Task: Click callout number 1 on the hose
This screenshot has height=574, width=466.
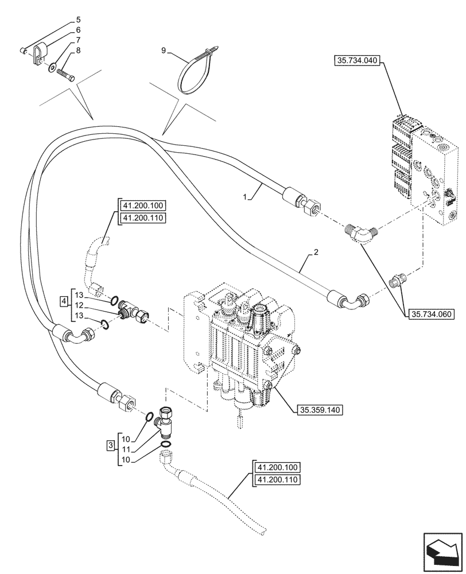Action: pyautogui.click(x=244, y=196)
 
